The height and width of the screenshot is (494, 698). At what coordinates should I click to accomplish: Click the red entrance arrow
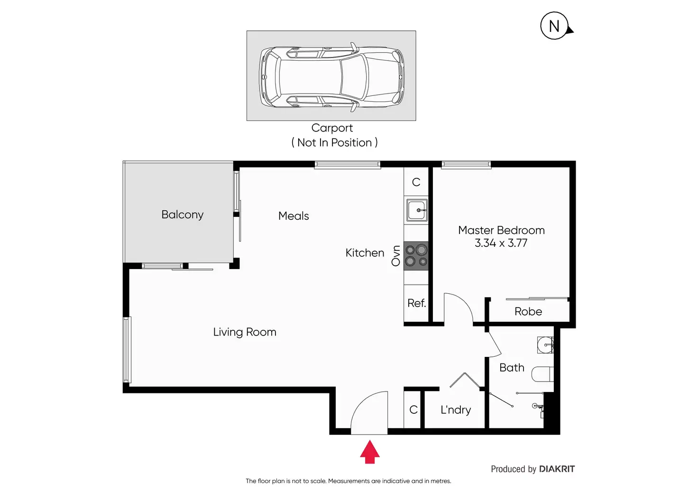tap(370, 452)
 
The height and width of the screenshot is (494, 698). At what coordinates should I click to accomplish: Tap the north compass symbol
tap(555, 26)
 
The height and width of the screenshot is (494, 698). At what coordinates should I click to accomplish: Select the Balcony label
tap(182, 214)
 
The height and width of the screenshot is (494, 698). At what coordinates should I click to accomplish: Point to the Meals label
tap(294, 216)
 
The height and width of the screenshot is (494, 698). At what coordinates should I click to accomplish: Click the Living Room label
tap(245, 332)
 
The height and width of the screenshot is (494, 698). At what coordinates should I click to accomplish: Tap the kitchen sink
tap(416, 210)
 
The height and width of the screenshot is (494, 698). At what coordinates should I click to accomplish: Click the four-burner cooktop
tap(416, 256)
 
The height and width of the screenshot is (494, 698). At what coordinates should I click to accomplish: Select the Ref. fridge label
tap(416, 303)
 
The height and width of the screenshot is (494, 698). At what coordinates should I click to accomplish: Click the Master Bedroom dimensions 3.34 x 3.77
tap(501, 243)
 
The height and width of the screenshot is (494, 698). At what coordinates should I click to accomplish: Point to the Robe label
tap(528, 312)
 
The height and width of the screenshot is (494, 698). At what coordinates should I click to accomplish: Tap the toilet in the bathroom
tap(542, 374)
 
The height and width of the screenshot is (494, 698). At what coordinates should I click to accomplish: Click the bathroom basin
tap(545, 345)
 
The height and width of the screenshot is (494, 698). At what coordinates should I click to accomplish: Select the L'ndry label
tap(456, 410)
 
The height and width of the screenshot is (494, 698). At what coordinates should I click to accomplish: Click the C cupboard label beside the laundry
tap(413, 410)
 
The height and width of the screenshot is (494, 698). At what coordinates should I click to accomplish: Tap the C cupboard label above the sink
tap(416, 182)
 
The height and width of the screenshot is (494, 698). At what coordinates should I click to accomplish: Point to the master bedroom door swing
tap(458, 308)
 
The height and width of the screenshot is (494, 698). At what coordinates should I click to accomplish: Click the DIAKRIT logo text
tap(557, 469)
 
